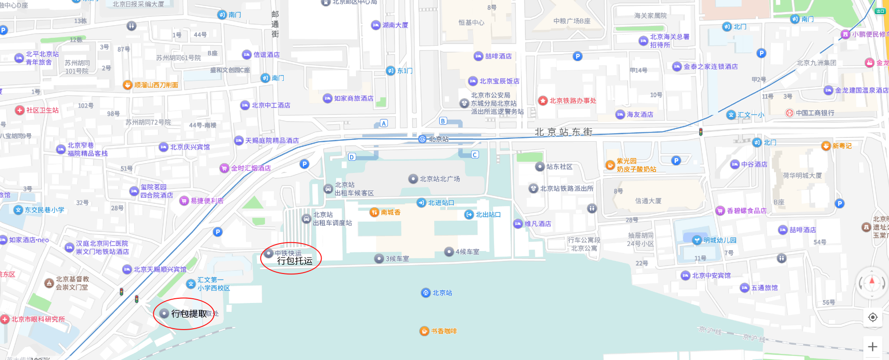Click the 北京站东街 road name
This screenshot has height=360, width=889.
tap(563, 132)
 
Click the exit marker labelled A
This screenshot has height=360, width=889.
tap(384, 123)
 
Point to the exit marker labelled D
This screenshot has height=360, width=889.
tap(352, 157)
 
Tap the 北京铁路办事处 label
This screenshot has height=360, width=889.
tap(567, 101)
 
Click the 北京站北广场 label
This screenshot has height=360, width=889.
tap(435, 179)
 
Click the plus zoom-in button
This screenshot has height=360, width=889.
tap(872, 346)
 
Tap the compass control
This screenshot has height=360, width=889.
tap(872, 282)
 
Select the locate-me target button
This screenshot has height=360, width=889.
tap(872, 317)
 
